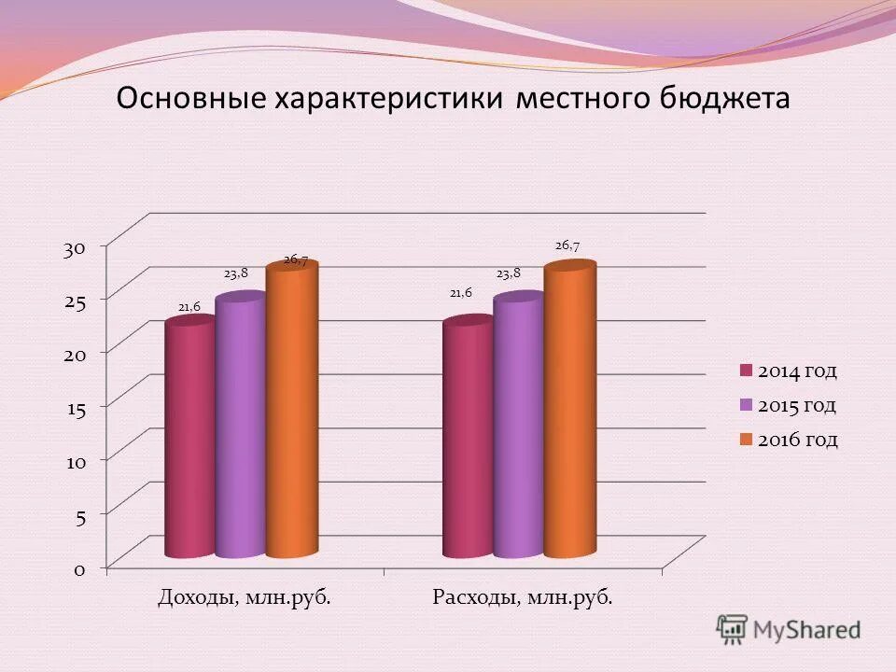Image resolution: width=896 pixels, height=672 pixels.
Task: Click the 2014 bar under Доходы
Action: point(189,439)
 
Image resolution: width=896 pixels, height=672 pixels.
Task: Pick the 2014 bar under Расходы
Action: point(468,439)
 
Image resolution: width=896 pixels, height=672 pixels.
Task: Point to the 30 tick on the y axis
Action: point(76,248)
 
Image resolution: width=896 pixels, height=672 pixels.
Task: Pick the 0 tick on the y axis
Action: point(81,569)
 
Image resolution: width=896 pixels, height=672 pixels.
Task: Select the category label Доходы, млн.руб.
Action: point(245,596)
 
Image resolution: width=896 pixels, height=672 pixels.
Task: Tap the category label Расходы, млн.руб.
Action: point(524,596)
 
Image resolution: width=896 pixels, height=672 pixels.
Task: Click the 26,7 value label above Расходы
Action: point(567,245)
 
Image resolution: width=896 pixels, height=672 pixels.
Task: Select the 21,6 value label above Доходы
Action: point(189,305)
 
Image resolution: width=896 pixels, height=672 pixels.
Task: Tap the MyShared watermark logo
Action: point(789,629)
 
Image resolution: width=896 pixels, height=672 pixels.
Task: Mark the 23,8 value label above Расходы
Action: point(509,273)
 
